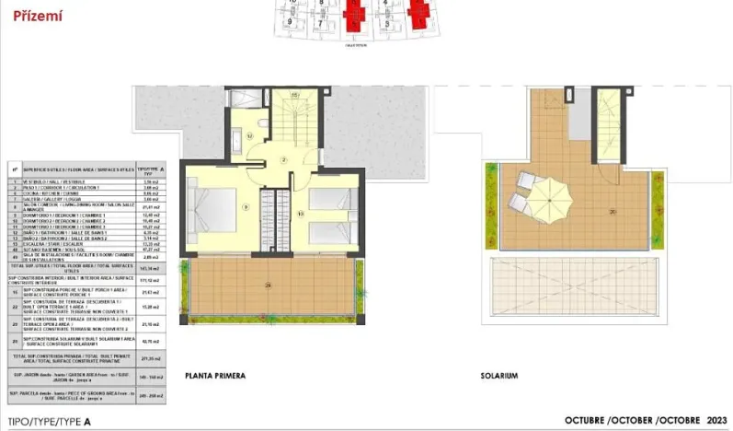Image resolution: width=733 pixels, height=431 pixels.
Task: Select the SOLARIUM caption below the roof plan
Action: pos(500,376)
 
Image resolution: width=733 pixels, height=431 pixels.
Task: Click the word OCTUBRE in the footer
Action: pos(588,420)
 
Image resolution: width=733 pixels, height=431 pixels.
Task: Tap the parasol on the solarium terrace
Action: pos(551,193)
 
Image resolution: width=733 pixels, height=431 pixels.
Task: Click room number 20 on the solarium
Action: pos(612,211)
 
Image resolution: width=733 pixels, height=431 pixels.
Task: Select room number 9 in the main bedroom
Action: pos(246,206)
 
